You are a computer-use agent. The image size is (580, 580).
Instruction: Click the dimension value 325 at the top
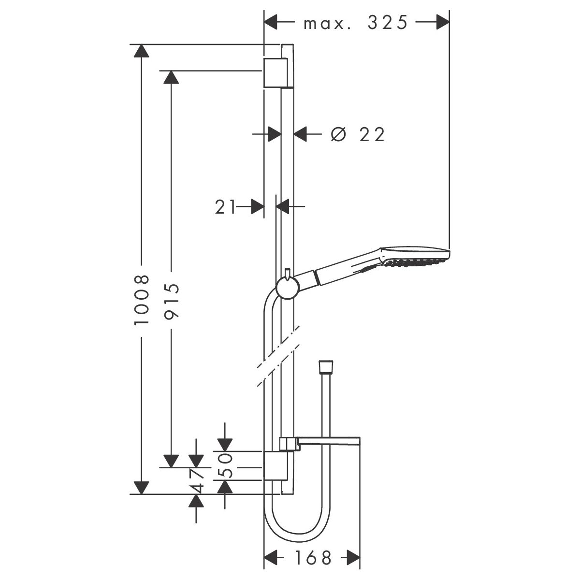click(387, 23)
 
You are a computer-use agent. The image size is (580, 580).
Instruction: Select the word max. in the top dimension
click(327, 24)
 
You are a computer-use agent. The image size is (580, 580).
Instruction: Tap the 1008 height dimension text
click(142, 300)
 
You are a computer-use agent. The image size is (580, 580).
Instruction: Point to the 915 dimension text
click(172, 301)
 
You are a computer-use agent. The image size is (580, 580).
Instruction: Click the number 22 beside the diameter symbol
click(372, 134)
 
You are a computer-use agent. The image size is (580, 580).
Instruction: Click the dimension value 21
click(225, 207)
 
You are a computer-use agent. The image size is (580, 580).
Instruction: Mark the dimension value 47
click(196, 481)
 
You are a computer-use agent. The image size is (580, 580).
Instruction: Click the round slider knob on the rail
click(287, 288)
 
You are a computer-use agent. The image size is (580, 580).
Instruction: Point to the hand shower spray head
click(415, 258)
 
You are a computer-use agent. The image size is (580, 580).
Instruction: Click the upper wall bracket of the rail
click(275, 73)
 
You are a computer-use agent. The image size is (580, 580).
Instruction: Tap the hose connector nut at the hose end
click(326, 367)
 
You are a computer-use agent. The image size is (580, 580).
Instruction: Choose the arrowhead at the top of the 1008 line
click(142, 51)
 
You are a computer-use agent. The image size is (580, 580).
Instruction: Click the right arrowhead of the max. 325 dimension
click(443, 22)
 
